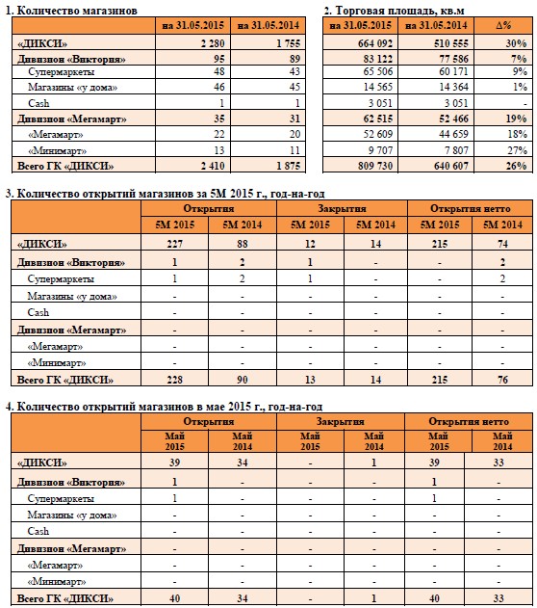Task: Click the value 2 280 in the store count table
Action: coord(213,43)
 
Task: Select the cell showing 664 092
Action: coord(375,43)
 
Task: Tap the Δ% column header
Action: coord(503,26)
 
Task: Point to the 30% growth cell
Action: coord(516,43)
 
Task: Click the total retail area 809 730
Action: coord(375,166)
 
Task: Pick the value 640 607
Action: coord(451,166)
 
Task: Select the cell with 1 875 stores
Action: coord(289,166)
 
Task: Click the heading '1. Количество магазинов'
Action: coord(71,11)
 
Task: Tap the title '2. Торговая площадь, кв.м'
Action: coord(394,11)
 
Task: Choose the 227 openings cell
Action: coord(174,244)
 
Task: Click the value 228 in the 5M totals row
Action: coord(174,380)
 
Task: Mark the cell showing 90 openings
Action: coord(243,380)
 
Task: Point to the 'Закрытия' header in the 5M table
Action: coord(342,209)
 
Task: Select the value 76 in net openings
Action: coord(502,380)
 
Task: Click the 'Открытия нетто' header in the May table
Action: coord(469,421)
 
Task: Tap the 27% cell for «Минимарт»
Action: coord(517,150)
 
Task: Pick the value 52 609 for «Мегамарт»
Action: coord(377,134)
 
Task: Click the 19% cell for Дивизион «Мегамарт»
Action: coord(516,119)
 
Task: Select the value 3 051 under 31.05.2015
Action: coord(380,103)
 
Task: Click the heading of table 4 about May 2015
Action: coord(164,407)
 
